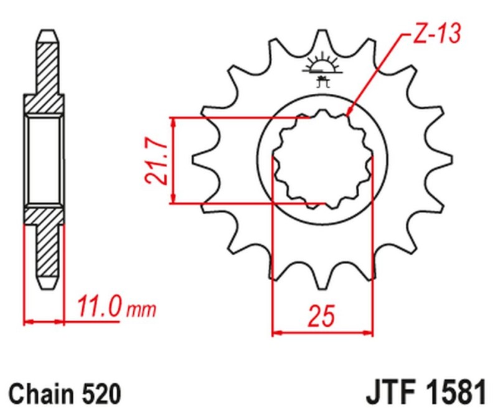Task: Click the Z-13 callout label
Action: tap(435, 35)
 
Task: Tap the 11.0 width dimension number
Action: tap(98, 308)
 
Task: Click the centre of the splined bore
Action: tap(323, 160)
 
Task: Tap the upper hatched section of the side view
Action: tap(44, 75)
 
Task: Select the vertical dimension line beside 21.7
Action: tap(176, 160)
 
